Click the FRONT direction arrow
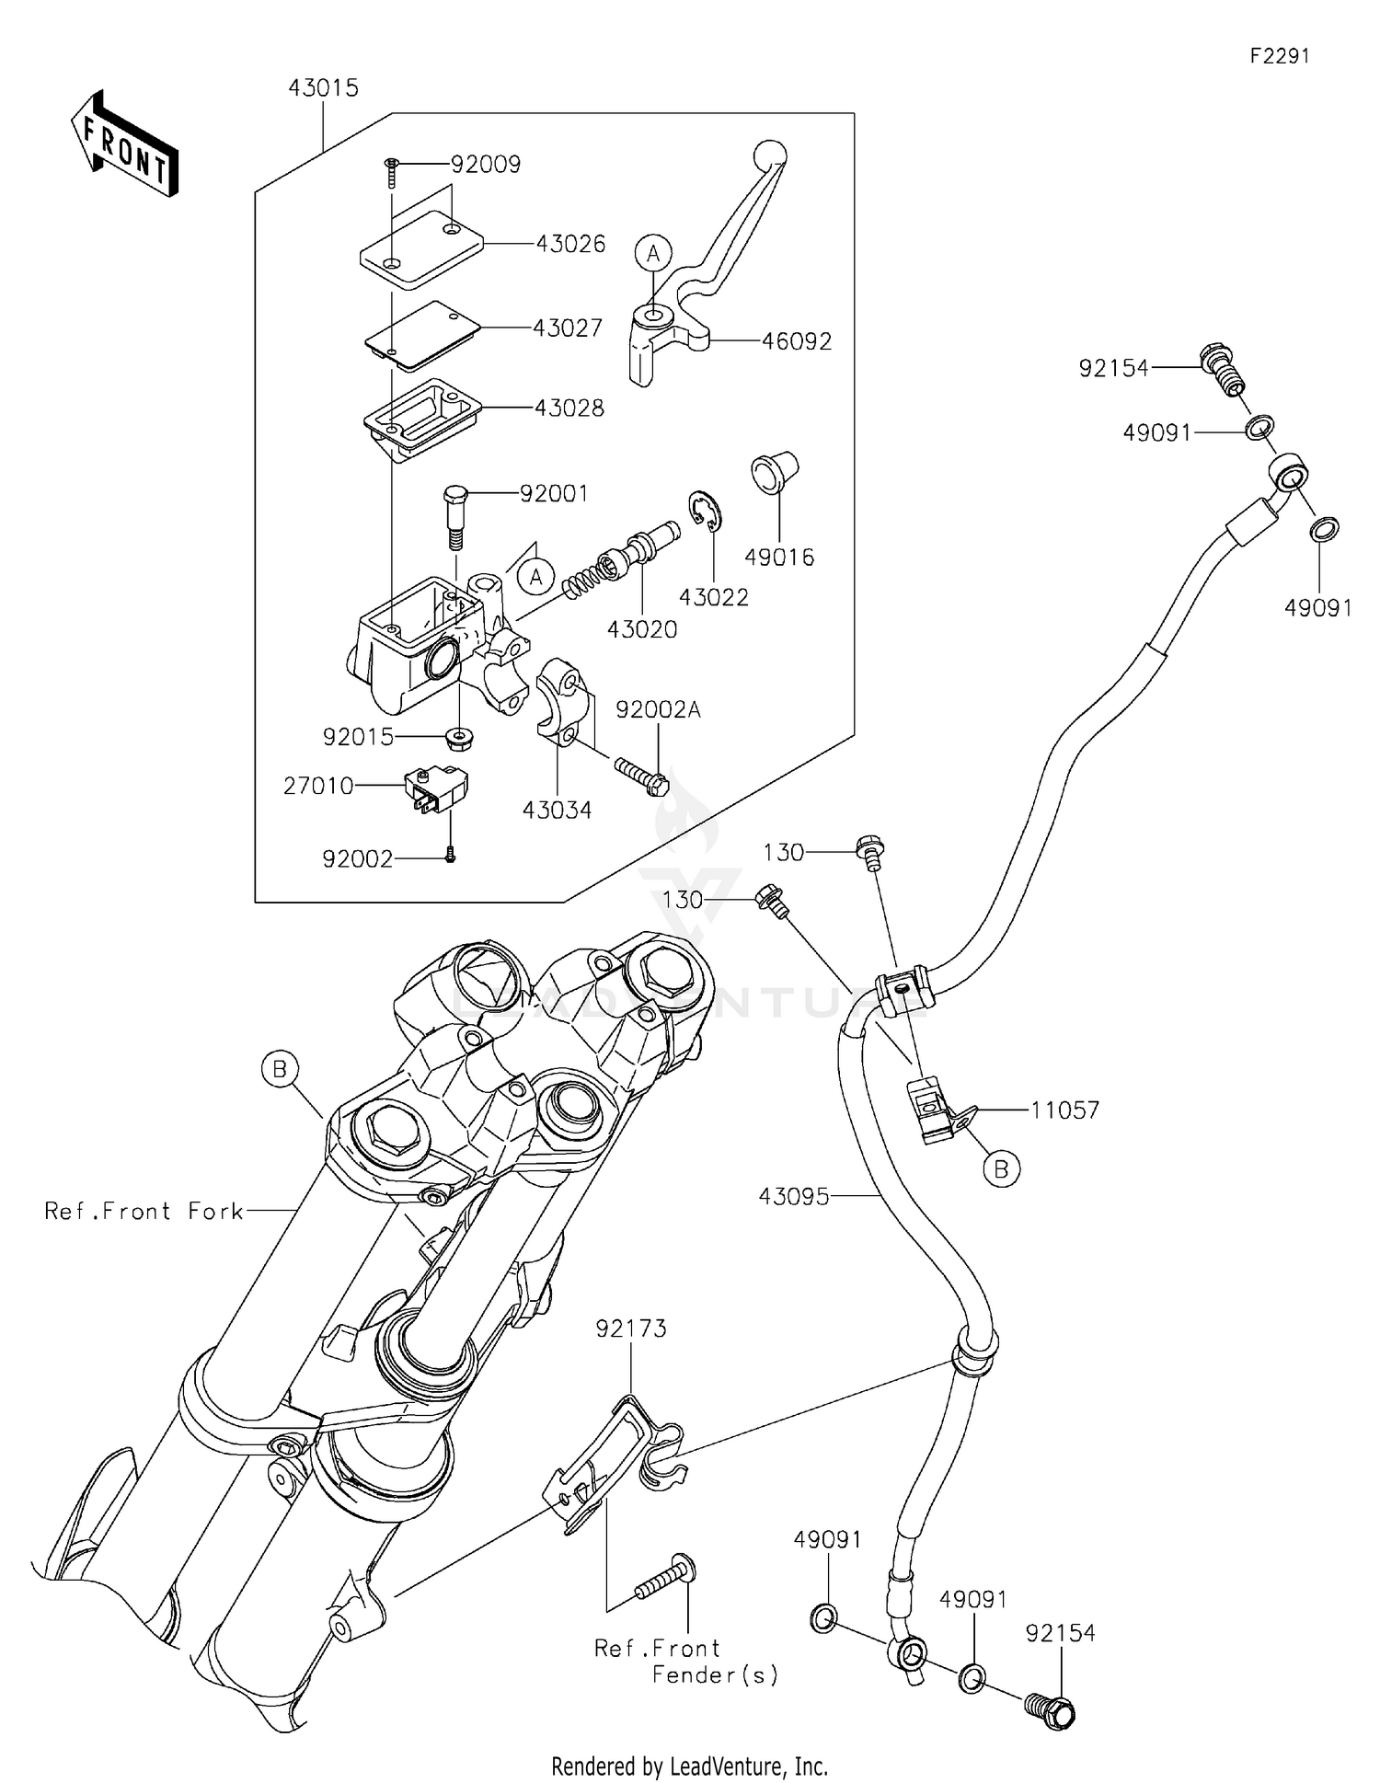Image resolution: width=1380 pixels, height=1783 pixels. [x=124, y=145]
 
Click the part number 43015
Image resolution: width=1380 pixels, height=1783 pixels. [x=323, y=88]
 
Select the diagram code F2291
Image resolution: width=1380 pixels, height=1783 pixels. [x=1279, y=56]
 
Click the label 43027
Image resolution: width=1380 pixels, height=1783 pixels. [x=568, y=328]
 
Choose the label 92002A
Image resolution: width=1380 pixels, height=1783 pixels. [x=658, y=710]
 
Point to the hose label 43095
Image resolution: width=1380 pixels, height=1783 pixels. [x=794, y=1197]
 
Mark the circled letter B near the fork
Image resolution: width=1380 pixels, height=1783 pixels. [x=280, y=1069]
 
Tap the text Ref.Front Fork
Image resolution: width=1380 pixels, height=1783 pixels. [x=144, y=1212]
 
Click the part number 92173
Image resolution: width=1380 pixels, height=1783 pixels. [x=630, y=1329]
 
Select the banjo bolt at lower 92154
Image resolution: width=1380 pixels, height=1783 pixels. [x=1049, y=1711]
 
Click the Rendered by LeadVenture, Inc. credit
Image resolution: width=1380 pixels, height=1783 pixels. [x=689, y=1766]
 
